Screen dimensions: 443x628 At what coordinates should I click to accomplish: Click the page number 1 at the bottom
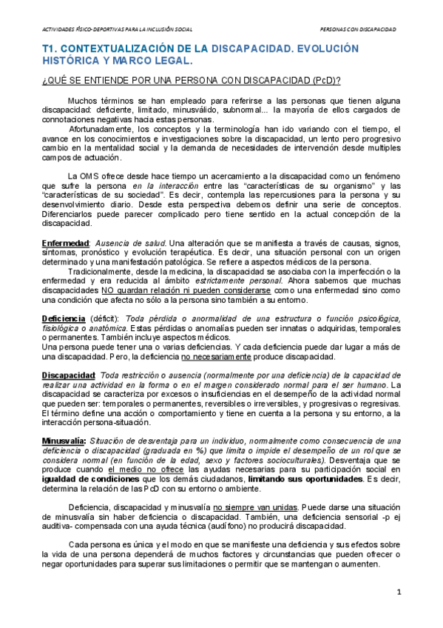[x=398, y=592]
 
